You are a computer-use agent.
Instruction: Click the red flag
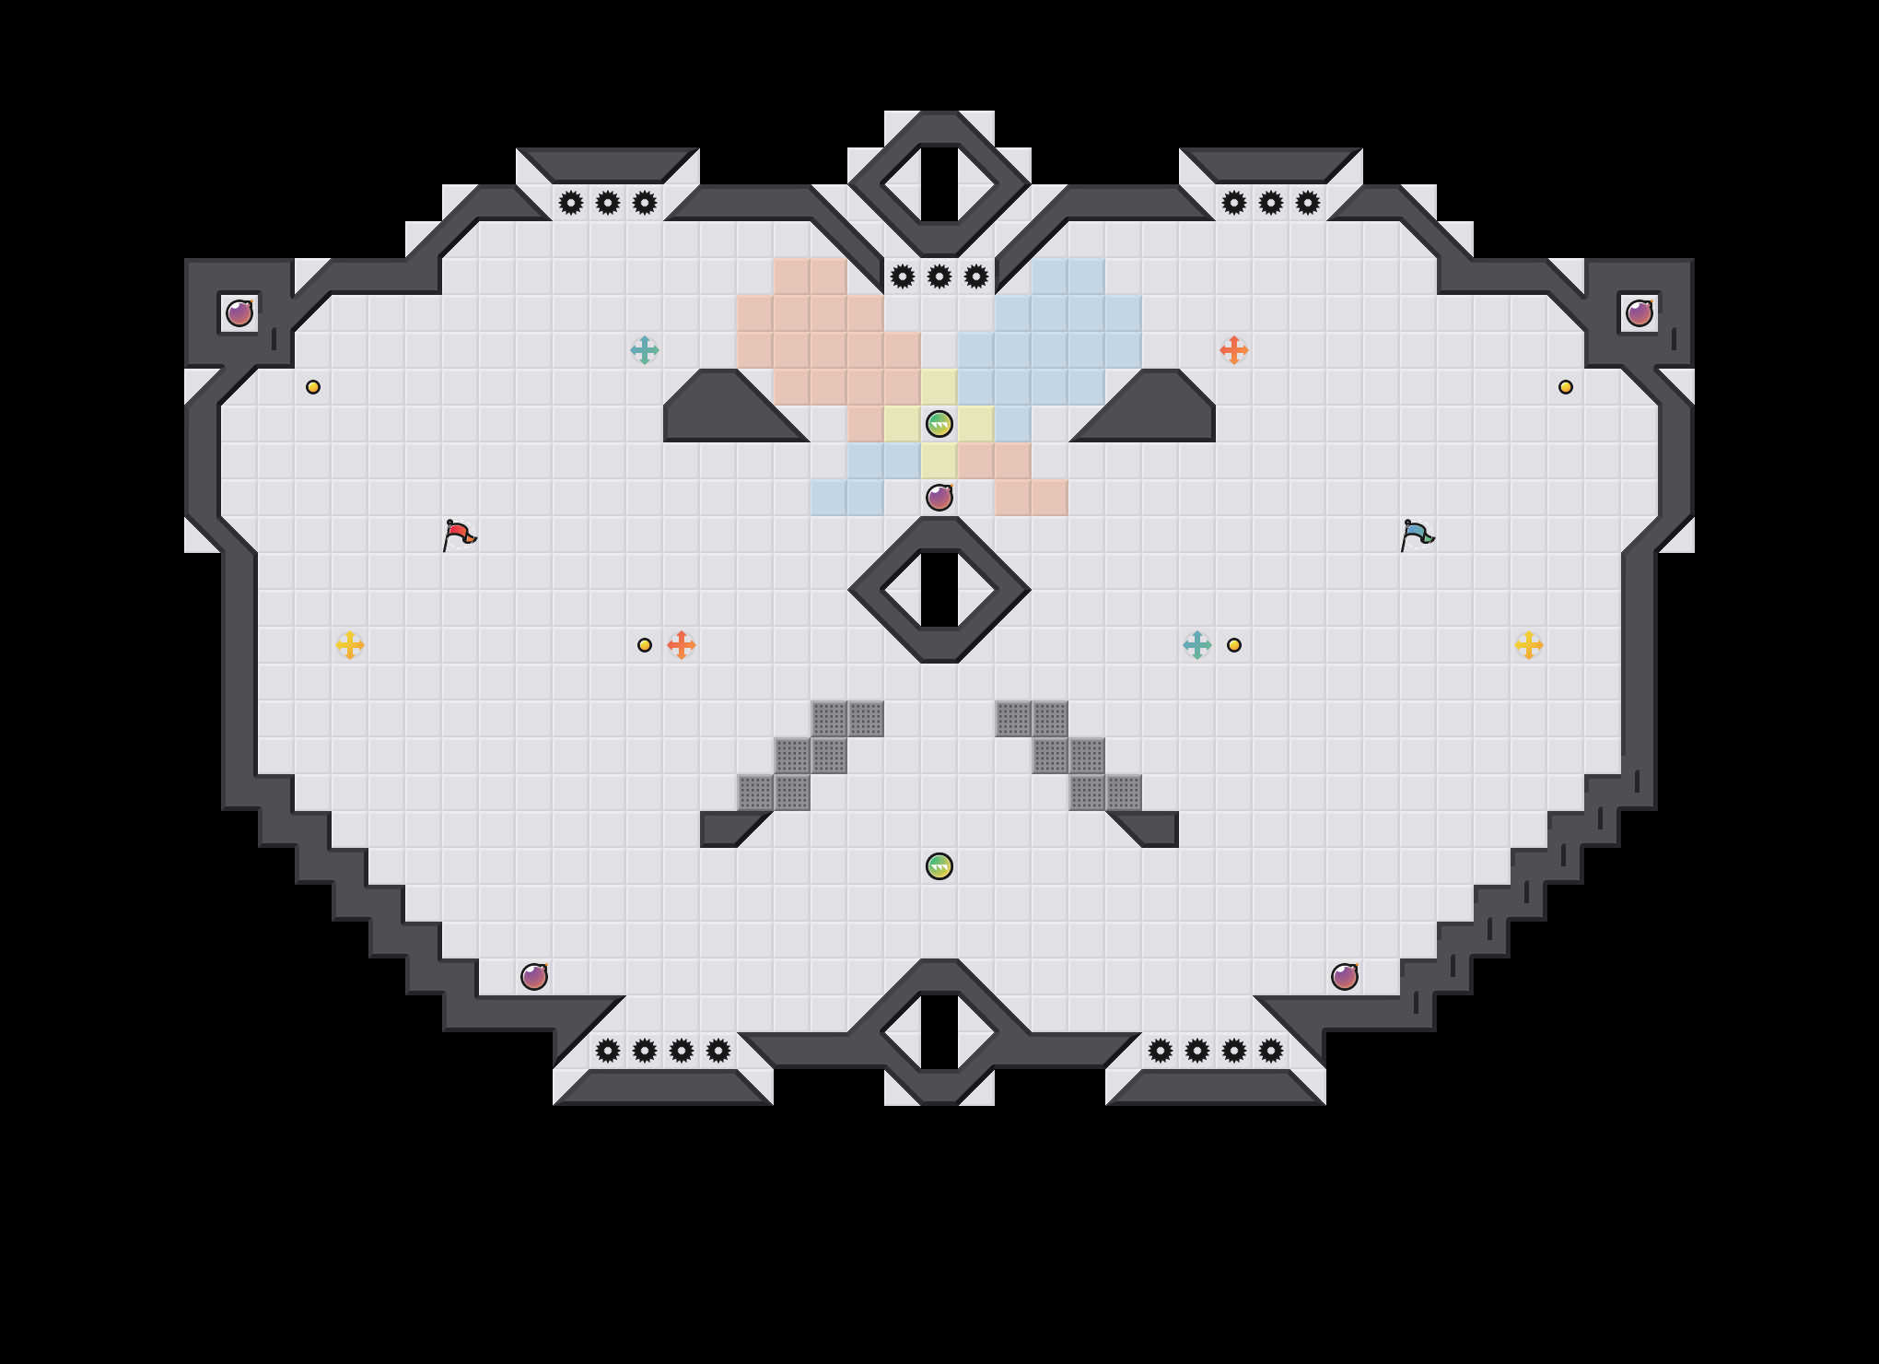459,534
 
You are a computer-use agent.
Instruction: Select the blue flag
1417,534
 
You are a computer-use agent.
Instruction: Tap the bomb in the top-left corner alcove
239,313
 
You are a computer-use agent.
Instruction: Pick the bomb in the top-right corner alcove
1640,313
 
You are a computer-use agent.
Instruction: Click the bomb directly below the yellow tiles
939,498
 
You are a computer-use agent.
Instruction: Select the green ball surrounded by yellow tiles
939,424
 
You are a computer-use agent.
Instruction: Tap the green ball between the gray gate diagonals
939,866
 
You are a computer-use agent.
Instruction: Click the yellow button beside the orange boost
645,645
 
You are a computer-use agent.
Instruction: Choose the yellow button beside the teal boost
1234,645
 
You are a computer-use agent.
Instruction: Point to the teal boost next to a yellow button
1197,645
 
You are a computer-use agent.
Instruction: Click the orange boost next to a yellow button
682,645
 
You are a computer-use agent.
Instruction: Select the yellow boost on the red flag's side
350,645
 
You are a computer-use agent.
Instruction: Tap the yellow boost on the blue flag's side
1529,645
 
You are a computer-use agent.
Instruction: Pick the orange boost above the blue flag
1234,350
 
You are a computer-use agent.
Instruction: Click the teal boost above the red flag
645,350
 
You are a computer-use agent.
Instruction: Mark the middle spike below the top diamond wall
939,276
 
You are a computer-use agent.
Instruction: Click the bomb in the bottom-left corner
534,977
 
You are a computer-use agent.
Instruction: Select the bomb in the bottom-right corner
1345,977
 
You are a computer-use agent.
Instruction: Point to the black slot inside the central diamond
939,590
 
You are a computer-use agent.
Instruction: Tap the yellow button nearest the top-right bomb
1566,387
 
